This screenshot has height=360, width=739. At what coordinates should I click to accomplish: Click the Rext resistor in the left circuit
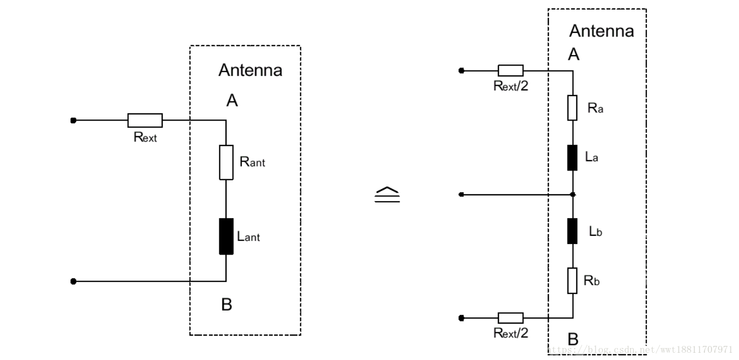tap(145, 121)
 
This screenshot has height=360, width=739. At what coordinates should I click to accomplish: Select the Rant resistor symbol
tap(226, 163)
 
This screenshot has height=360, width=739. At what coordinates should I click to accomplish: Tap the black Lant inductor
tap(226, 236)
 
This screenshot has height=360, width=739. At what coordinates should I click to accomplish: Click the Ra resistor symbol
tap(572, 108)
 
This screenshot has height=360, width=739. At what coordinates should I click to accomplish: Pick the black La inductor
tap(572, 157)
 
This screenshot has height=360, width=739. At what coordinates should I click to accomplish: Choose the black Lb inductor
tap(572, 231)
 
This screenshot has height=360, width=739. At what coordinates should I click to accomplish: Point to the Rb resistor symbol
tap(572, 281)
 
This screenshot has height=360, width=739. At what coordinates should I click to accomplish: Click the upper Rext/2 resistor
tap(510, 70)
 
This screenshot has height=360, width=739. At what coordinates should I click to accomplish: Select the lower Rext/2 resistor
tap(510, 317)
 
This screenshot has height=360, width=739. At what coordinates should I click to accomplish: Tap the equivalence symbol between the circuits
tap(387, 195)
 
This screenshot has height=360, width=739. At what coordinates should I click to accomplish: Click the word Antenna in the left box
tap(250, 70)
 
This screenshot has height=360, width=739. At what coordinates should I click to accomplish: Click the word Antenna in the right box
tap(601, 31)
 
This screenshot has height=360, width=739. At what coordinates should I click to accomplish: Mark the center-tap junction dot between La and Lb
tap(572, 194)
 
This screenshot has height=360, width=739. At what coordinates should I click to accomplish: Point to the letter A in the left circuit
tap(232, 101)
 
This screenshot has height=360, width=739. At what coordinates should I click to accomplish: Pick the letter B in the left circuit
tap(227, 304)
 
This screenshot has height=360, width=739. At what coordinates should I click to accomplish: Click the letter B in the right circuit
tap(573, 340)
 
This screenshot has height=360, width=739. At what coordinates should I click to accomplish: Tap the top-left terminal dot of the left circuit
tap(73, 121)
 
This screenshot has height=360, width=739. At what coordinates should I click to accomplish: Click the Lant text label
tap(248, 237)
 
